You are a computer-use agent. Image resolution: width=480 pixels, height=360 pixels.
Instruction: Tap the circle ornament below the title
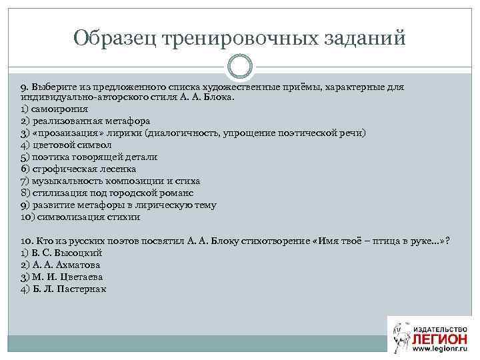coord(240,66)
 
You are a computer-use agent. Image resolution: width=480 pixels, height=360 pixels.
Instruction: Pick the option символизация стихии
coord(80,217)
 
